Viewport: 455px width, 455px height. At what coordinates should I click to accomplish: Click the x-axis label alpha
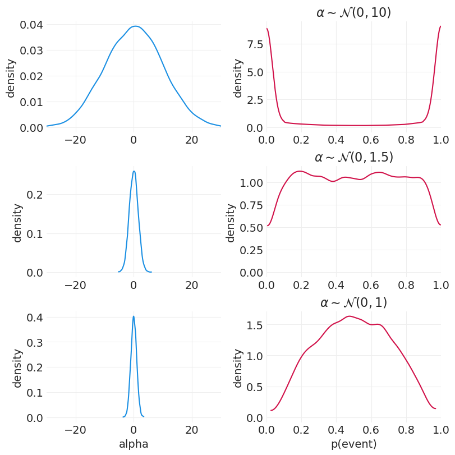134,444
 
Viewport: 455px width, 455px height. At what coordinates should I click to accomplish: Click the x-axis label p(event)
353,444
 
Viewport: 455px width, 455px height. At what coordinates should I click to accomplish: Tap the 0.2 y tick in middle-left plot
35,195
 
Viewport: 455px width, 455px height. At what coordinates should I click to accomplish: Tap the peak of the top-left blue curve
135,26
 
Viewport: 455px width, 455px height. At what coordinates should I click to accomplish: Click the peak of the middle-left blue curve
134,171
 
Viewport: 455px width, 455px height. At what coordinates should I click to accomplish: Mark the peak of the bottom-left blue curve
134,316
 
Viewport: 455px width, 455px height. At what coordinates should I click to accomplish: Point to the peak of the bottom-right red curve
349,316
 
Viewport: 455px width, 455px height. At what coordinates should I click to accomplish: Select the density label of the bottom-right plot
238,368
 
